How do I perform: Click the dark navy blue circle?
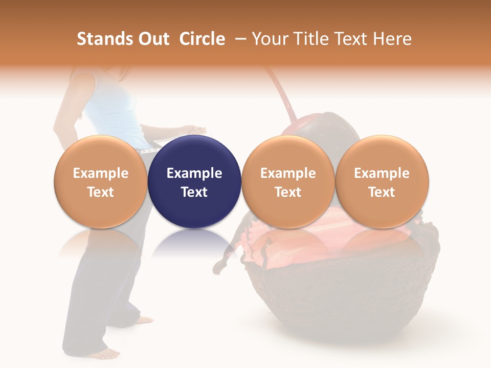pyautogui.click(x=194, y=182)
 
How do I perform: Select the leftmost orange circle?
pyautogui.click(x=101, y=182)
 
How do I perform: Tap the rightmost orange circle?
pyautogui.click(x=382, y=182)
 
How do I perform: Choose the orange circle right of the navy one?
pyautogui.click(x=288, y=182)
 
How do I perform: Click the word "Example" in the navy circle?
pyautogui.click(x=194, y=173)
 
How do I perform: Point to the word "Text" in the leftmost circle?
pyautogui.click(x=101, y=192)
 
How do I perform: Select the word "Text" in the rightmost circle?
pyautogui.click(x=382, y=192)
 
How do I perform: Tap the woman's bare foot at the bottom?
pyautogui.click(x=108, y=353)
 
